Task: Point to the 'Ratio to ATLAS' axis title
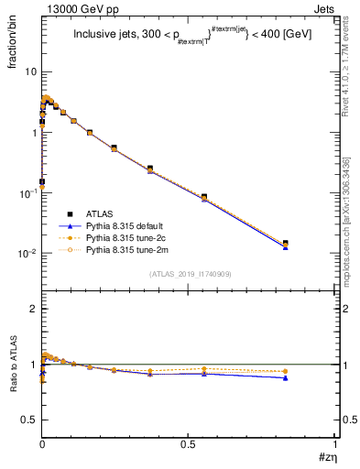(12, 365)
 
